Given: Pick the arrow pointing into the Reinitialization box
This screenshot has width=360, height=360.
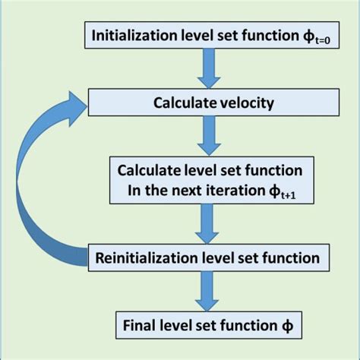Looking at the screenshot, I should tap(205, 224).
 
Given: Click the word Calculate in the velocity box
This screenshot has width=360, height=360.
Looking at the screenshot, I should tap(180, 103).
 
